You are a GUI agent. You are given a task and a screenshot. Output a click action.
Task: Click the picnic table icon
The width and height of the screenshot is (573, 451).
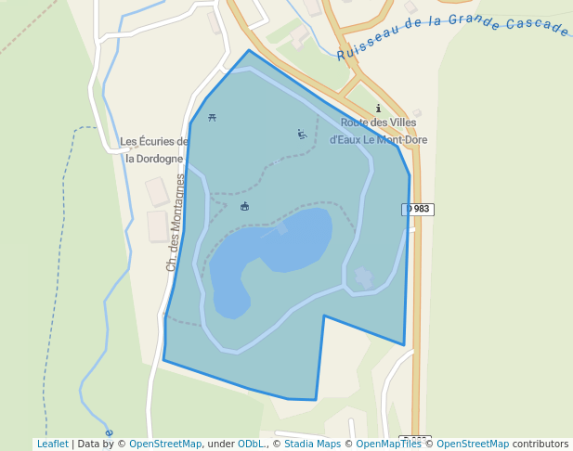(213, 117)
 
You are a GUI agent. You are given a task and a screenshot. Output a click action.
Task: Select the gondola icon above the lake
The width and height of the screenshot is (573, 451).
(244, 206)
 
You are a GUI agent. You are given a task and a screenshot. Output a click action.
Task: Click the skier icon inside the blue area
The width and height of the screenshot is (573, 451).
(301, 134)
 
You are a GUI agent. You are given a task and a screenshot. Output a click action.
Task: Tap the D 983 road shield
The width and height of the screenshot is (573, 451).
(418, 209)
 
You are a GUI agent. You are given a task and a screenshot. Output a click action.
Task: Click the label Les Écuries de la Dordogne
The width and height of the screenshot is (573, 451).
(154, 149)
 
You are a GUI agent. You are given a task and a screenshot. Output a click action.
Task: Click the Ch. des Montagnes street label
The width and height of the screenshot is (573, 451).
(174, 223)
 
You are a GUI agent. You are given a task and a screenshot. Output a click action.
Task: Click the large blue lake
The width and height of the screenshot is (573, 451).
(279, 251)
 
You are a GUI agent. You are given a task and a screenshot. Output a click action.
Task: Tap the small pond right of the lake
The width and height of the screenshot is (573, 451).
(362, 277)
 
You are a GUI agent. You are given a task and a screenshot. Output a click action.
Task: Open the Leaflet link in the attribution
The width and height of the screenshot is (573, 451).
(52, 444)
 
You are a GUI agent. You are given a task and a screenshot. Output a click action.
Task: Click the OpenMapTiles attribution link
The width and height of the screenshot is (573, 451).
(389, 444)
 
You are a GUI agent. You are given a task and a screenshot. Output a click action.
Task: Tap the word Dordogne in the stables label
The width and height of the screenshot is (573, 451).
(154, 159)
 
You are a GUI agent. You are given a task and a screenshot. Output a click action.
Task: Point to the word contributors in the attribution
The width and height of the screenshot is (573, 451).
(540, 444)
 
